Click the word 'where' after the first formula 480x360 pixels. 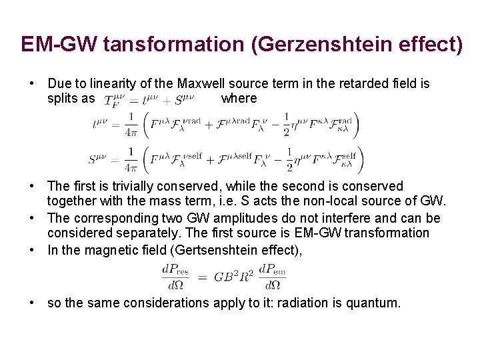pyautogui.click(x=239, y=99)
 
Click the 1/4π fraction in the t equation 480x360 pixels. pyautogui.click(x=131, y=125)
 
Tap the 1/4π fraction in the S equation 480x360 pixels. pyautogui.click(x=131, y=160)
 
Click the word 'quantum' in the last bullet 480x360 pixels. pyautogui.click(x=373, y=303)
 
